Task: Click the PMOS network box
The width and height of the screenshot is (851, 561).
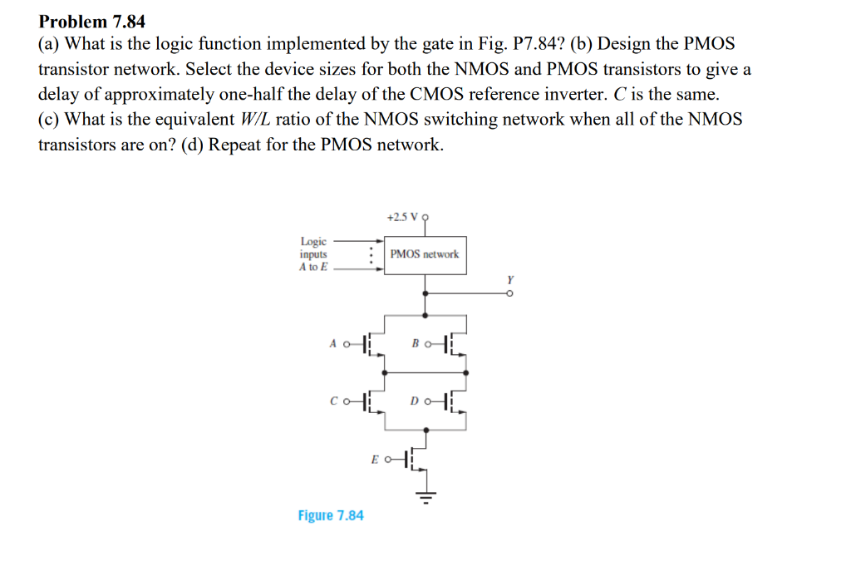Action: pos(424,253)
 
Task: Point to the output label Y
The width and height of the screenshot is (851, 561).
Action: pos(511,280)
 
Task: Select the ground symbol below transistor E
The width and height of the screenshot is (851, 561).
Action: pos(426,499)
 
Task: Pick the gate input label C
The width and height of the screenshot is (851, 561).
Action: pos(332,402)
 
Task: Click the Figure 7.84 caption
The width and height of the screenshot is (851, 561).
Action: pos(331,515)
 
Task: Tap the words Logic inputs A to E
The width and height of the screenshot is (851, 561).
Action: pos(314,254)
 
